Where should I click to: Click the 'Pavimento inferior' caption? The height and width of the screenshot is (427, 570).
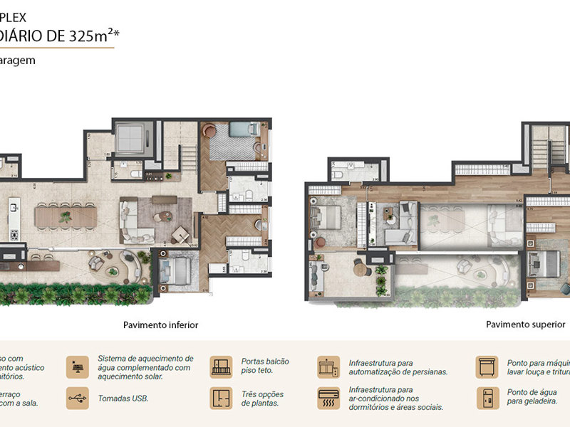tap(160, 325)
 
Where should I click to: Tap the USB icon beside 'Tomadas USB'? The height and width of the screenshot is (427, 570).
tap(78, 398)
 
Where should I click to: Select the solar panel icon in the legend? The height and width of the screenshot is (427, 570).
tap(78, 367)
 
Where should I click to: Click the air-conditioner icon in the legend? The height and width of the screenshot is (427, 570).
tap(328, 398)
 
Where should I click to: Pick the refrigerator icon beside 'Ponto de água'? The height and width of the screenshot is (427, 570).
tap(487, 398)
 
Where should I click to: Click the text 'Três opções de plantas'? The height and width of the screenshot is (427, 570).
tap(262, 399)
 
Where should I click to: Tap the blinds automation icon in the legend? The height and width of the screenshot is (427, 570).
tap(328, 367)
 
